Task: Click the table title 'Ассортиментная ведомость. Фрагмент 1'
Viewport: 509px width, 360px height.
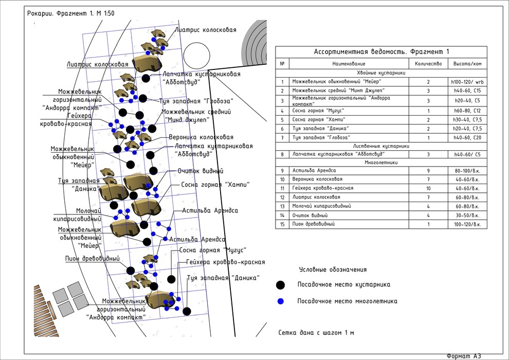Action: click(381, 51)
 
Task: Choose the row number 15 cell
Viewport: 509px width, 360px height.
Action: click(282, 224)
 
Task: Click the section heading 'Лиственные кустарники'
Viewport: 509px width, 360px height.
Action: click(381, 146)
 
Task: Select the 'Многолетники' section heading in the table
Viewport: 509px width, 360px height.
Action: click(381, 162)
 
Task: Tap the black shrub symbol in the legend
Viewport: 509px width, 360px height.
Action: click(280, 285)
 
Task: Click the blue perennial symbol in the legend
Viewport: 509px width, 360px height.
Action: click(280, 301)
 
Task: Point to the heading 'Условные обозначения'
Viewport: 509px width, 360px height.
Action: click(333, 269)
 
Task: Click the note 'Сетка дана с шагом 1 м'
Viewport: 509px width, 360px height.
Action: click(316, 332)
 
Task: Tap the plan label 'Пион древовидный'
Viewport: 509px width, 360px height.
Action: click(93, 258)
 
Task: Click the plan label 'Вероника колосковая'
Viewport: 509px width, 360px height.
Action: click(201, 137)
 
